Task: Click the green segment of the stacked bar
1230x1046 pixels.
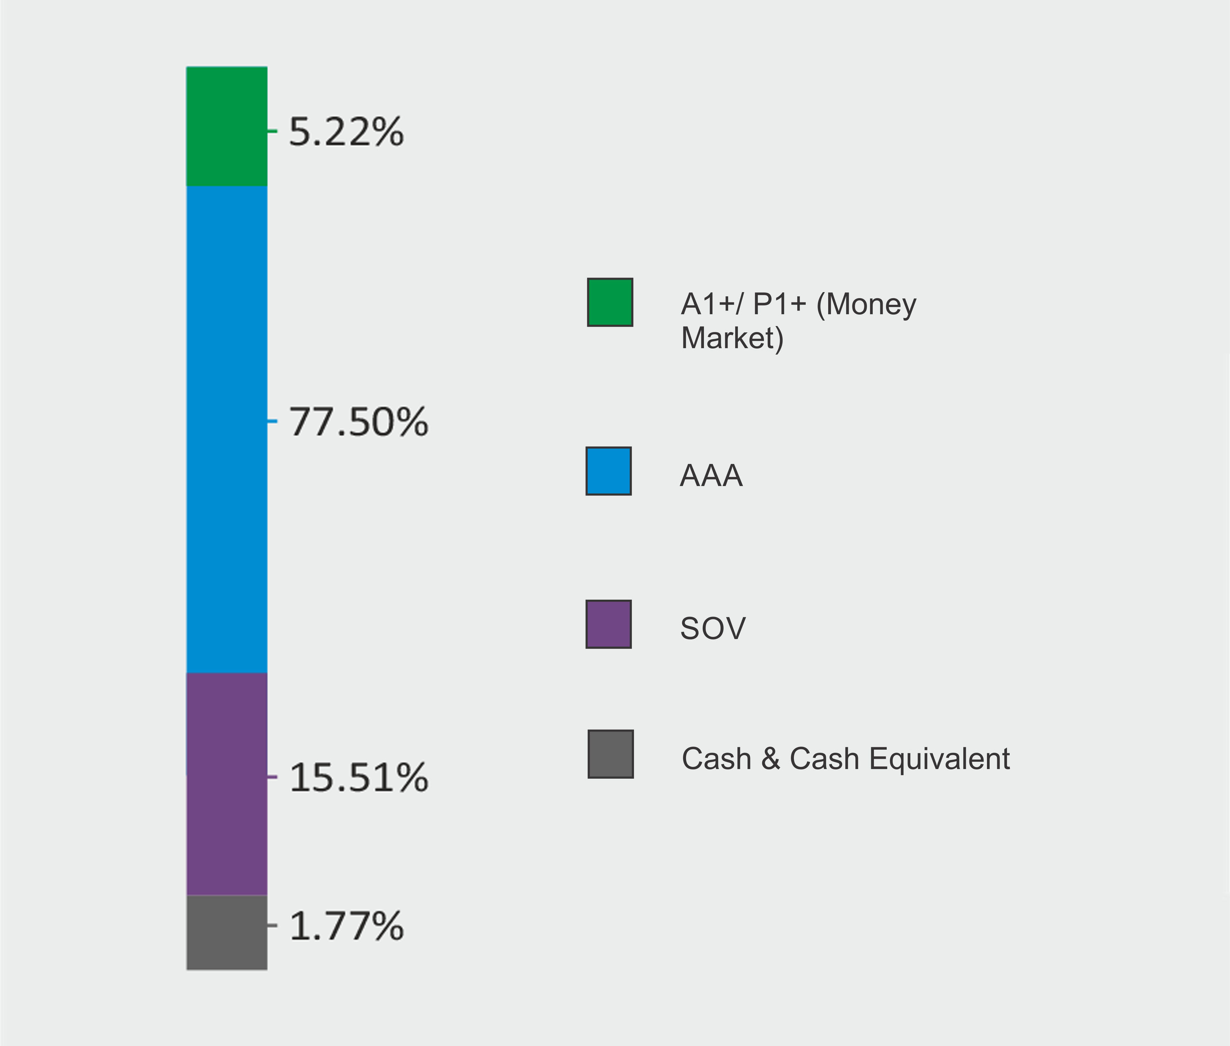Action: point(227,126)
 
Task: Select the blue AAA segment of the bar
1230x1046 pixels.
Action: point(227,429)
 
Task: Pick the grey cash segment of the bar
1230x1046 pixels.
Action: point(227,932)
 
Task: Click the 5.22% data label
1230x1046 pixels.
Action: point(346,132)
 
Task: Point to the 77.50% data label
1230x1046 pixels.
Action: point(358,422)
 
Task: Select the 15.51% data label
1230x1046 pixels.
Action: point(358,778)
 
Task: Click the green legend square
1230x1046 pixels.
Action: point(610,302)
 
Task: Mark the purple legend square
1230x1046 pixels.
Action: point(608,625)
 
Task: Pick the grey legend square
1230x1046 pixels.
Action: point(610,754)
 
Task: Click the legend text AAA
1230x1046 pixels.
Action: point(711,475)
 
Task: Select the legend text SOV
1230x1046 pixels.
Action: point(712,628)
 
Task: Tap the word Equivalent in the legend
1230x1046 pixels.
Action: point(939,759)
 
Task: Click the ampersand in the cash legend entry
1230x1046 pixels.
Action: point(770,759)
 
